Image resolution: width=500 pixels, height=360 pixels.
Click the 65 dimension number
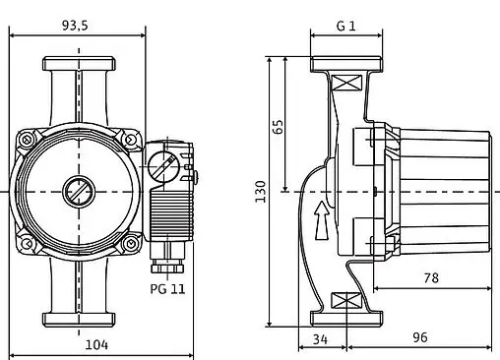(x=278, y=126)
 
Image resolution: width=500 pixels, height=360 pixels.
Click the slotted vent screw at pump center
(x=76, y=190)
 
